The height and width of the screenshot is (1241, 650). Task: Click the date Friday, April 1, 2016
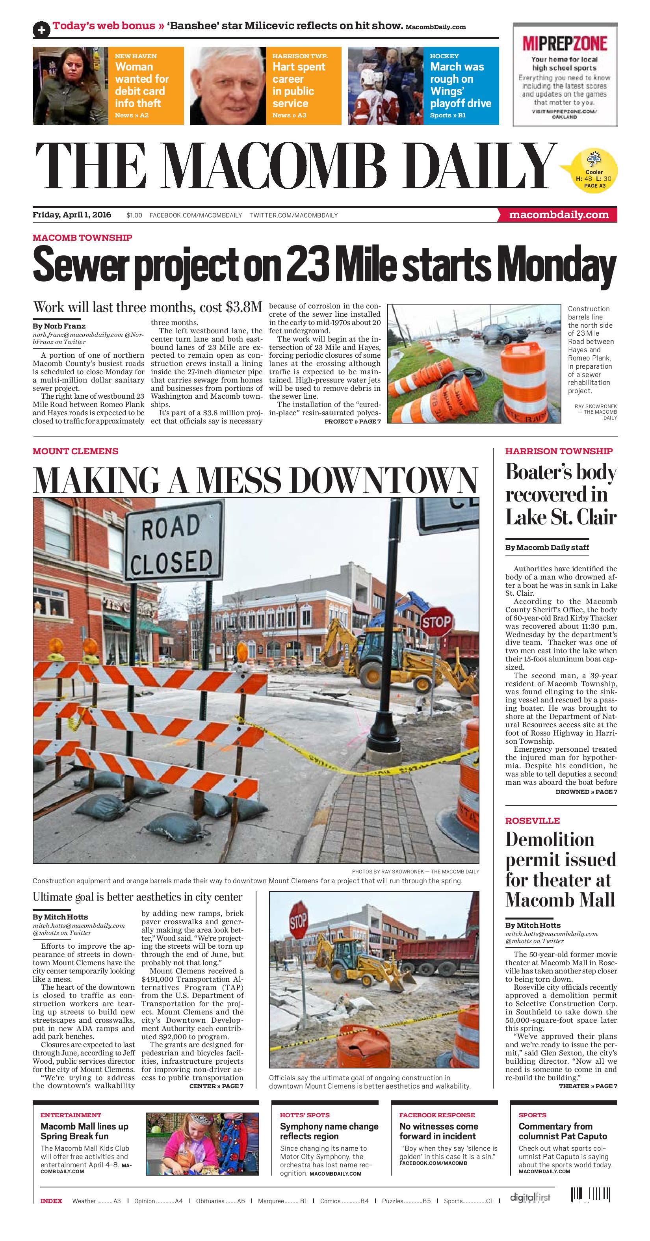click(x=72, y=215)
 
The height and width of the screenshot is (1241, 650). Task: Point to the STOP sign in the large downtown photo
click(x=436, y=622)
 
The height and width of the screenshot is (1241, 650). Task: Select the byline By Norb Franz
click(x=59, y=326)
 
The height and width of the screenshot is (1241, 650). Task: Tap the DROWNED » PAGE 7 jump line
click(x=586, y=791)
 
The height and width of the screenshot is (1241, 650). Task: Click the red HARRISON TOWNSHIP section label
click(x=559, y=451)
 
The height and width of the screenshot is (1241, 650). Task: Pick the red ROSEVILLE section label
click(x=533, y=820)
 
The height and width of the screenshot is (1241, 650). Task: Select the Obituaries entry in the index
click(x=220, y=1201)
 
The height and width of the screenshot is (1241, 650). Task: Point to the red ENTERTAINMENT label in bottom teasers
click(x=71, y=1115)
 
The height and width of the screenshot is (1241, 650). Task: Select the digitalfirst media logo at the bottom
click(x=529, y=1198)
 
